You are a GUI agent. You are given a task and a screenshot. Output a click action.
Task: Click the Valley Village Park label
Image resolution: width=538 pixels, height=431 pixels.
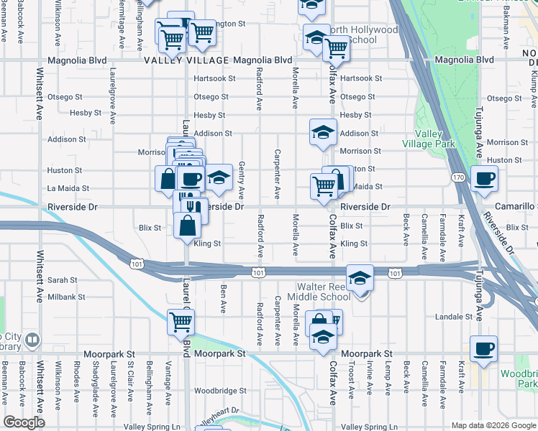pos(436,139)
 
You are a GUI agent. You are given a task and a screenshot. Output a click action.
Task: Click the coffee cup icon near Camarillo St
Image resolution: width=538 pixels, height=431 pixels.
pos(484,178)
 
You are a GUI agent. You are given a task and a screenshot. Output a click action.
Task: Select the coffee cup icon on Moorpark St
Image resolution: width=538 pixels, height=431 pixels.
pos(483,349)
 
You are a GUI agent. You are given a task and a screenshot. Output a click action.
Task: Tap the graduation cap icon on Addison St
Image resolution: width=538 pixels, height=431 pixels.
pos(324,132)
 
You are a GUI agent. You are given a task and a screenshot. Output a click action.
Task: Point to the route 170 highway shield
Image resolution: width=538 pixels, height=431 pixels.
pos(458,177)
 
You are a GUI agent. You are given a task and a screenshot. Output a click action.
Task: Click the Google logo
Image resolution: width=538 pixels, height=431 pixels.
pos(24,422)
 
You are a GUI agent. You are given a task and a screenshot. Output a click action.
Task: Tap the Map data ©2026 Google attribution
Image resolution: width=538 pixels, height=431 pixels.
pos(493,425)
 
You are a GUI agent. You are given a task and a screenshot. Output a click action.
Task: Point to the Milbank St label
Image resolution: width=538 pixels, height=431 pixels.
pos(66,297)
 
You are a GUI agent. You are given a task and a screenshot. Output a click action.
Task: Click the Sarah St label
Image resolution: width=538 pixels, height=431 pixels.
pos(63,280)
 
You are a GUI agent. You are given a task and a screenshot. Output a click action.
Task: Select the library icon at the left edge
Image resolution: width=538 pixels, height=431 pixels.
pos(32,339)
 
